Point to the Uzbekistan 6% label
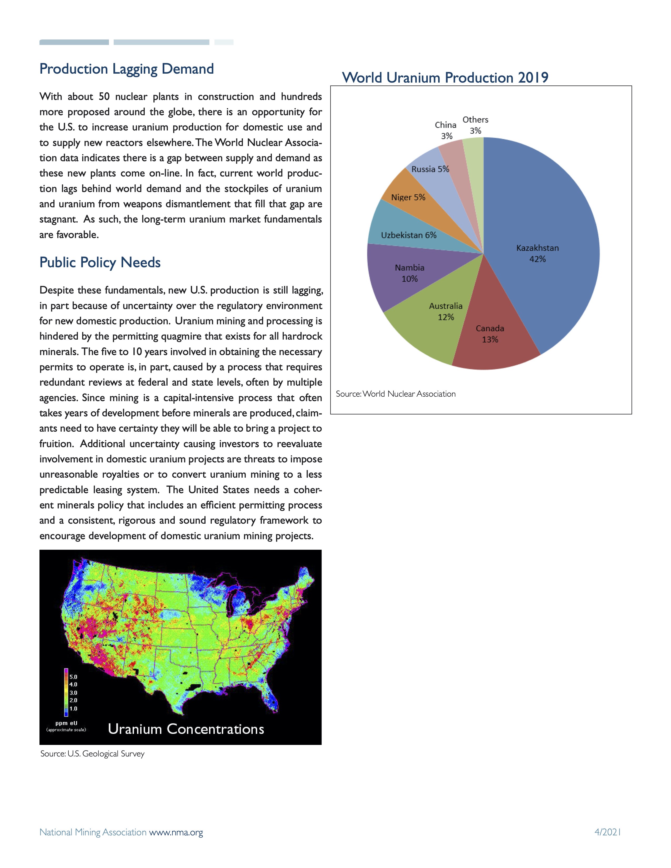coord(409,235)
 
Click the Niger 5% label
coord(408,197)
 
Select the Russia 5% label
coord(430,169)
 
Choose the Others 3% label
coord(475,125)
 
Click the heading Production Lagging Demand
coord(126,69)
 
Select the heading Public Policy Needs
coord(100,262)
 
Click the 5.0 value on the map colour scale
coord(73,677)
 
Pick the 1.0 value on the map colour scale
coord(73,709)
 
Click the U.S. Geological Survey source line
coord(92,754)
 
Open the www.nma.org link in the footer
coord(176,832)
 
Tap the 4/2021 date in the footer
coord(607,831)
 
